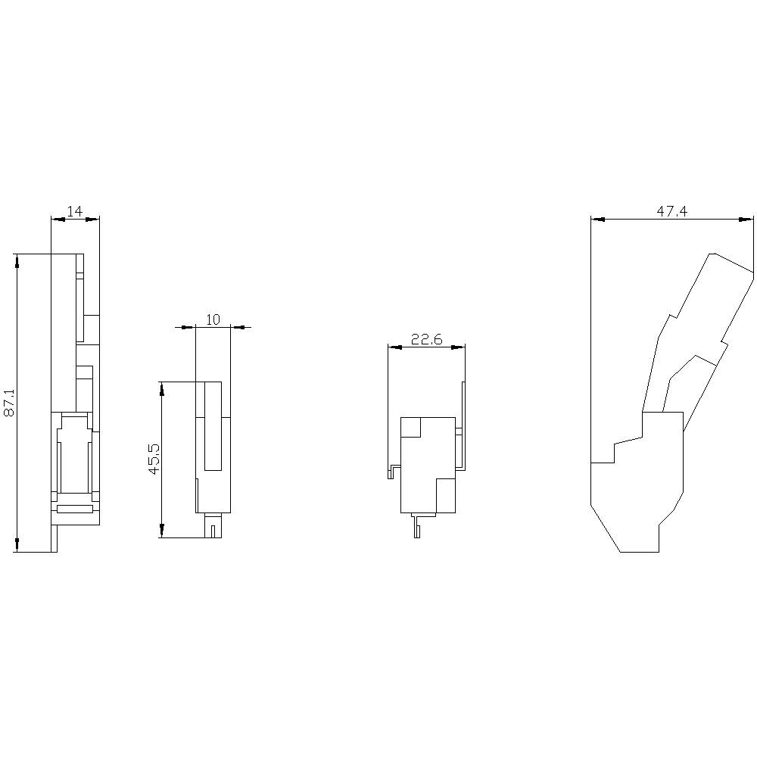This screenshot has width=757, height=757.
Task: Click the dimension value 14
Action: (74, 212)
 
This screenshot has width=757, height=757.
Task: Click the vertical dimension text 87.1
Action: (10, 403)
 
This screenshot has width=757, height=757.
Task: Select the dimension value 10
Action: (213, 320)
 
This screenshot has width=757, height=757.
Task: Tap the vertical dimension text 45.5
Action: (154, 459)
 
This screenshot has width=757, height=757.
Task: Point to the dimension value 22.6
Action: (426, 340)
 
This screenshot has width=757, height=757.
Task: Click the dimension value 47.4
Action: (671, 212)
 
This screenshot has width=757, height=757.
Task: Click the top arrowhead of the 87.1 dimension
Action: (17, 260)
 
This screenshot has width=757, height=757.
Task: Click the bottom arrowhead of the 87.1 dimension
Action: (17, 545)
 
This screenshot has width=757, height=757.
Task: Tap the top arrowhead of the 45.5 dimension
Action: (160, 388)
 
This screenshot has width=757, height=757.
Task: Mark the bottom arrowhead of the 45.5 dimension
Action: (160, 531)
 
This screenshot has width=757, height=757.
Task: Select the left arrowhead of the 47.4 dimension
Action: (598, 220)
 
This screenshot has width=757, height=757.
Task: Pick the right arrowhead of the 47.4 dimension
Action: (748, 220)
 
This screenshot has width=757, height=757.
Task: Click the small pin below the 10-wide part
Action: (214, 528)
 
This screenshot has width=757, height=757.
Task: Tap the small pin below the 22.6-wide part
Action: (416, 527)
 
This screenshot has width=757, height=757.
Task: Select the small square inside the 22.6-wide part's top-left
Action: (410, 427)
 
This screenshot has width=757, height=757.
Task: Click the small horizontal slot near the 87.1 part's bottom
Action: (75, 509)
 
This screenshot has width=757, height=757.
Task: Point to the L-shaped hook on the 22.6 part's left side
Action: (393, 472)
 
